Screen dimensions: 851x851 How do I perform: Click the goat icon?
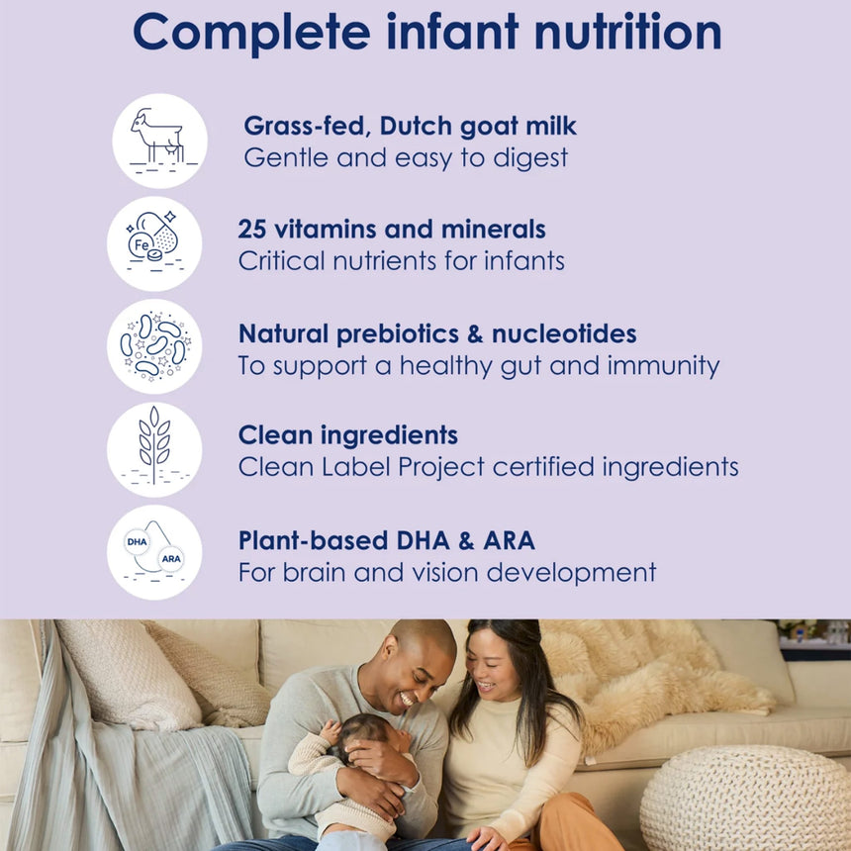coord(159,141)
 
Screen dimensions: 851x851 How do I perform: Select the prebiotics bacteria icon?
coord(154,346)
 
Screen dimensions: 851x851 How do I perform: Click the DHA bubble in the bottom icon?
coord(137,541)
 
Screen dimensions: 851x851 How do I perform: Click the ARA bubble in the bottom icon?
coord(171,559)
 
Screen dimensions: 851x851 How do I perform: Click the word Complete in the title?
coord(251,34)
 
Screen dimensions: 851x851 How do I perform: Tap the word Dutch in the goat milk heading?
coord(416,126)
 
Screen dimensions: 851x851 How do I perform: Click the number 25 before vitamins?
coord(251,229)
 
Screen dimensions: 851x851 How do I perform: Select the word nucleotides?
coord(564,333)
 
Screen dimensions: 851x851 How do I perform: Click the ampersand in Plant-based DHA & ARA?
coord(466,540)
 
